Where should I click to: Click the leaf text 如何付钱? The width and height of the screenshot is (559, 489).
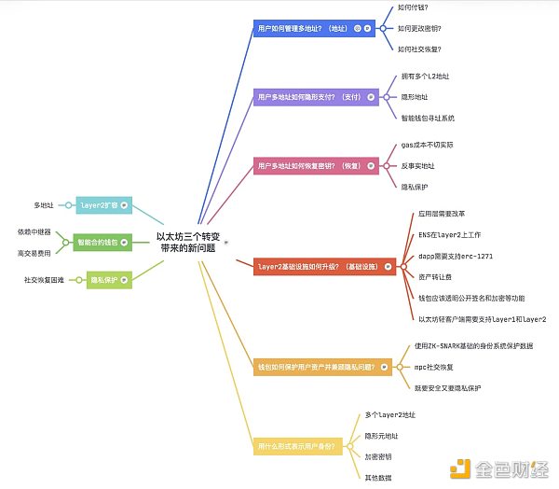tap(412, 7)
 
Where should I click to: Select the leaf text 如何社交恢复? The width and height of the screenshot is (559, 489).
tap(418, 49)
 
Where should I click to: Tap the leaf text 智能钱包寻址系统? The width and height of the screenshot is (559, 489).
tap(429, 118)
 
